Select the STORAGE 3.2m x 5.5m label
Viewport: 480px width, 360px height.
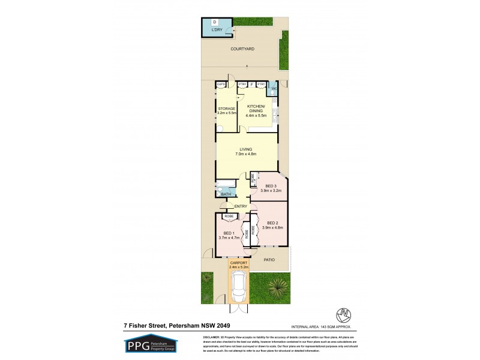227,111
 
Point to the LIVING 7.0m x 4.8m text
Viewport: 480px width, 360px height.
245,151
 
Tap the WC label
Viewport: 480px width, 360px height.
274,89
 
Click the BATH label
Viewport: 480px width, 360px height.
226,194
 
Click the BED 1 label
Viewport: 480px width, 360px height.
229,235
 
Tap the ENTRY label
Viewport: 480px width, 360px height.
241,207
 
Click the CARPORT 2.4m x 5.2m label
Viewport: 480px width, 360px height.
240,265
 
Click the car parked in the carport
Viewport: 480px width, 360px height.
239,286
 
